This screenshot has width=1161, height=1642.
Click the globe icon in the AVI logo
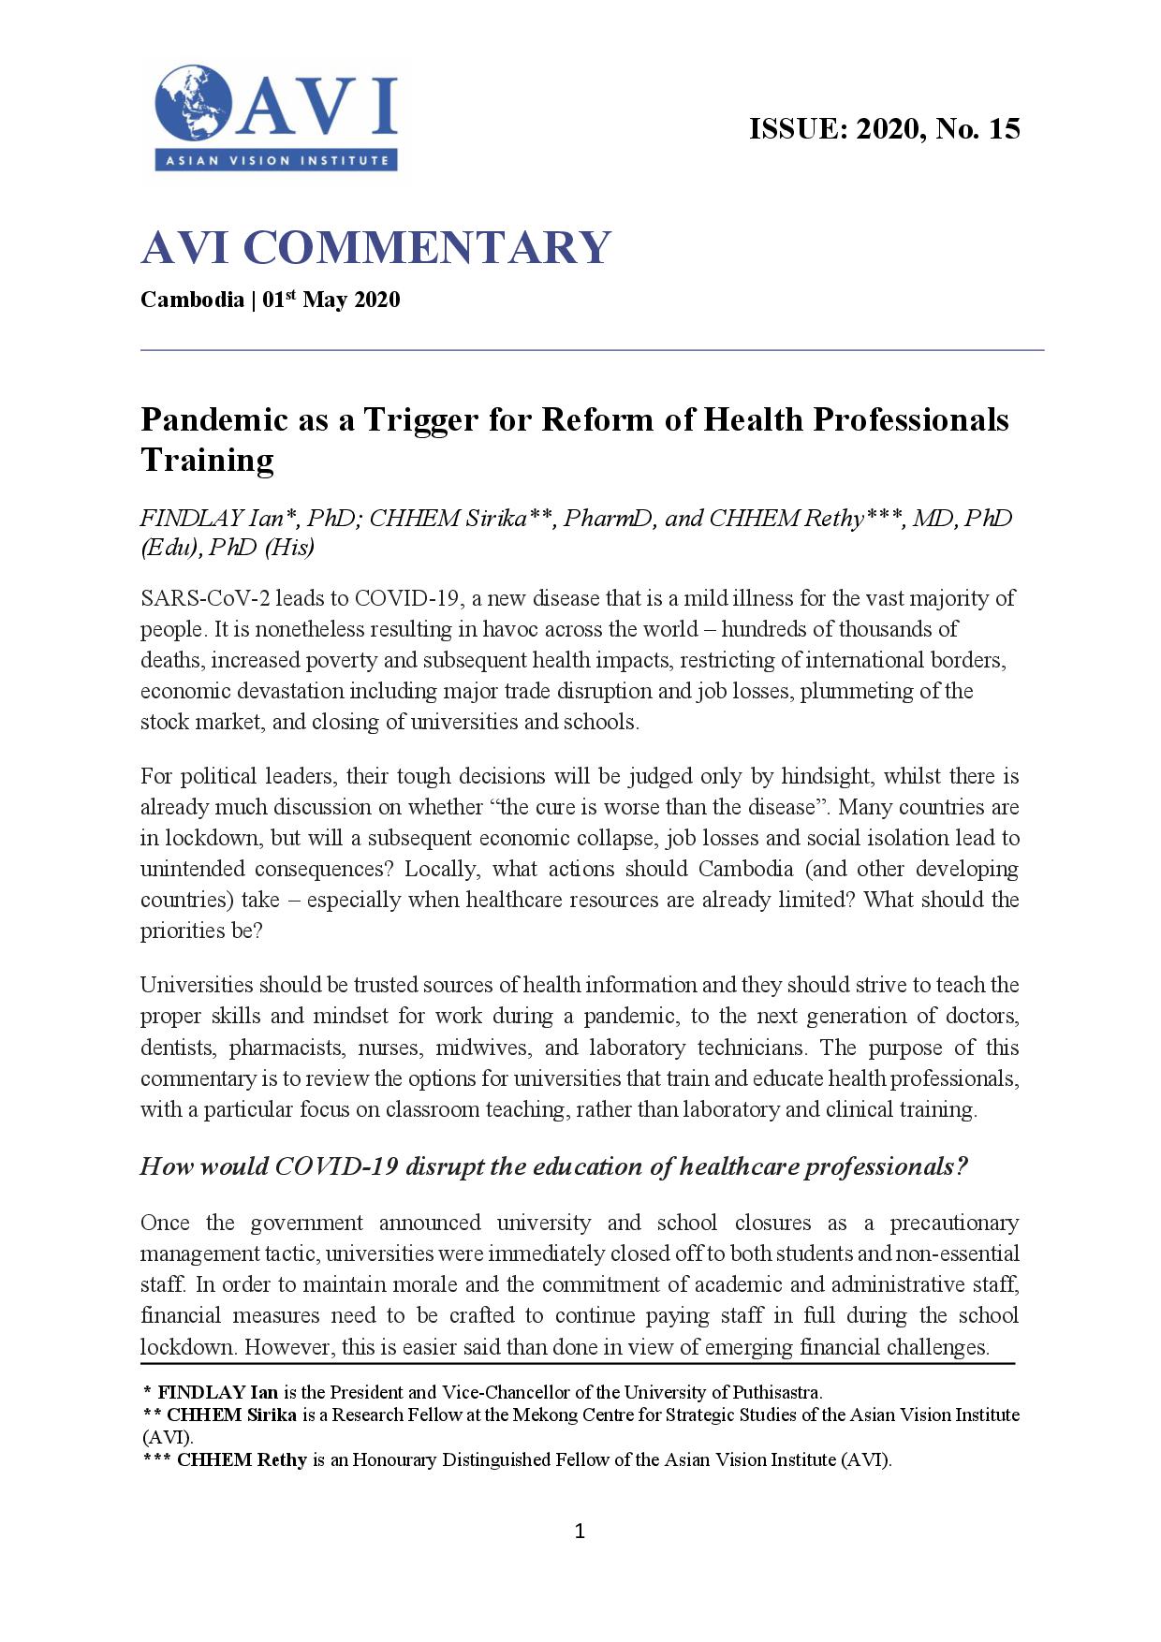pos(195,103)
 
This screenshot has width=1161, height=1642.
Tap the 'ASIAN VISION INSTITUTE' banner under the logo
pos(277,160)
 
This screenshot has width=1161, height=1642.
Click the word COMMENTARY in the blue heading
pos(427,247)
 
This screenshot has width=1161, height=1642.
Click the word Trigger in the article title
pos(420,419)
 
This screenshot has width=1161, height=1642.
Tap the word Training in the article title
pos(207,460)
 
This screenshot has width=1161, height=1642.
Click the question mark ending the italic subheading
pos(962,1166)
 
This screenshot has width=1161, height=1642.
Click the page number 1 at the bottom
pos(580,1532)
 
